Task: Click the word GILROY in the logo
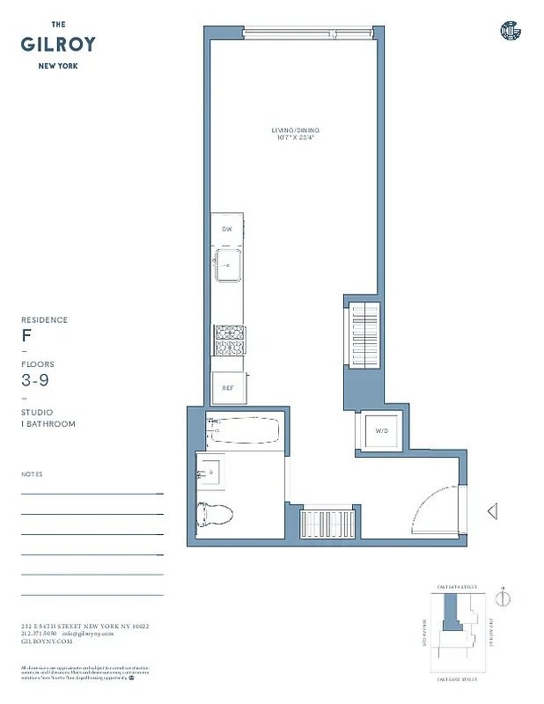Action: tap(59, 44)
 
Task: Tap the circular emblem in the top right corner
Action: tap(511, 31)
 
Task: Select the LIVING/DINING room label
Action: tap(293, 131)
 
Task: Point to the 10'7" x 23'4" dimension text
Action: tap(293, 138)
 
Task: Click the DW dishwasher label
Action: tap(226, 229)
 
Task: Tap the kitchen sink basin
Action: tap(228, 263)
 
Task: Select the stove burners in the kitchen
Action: tap(228, 340)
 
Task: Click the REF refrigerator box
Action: tap(227, 387)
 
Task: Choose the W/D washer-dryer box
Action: tap(380, 431)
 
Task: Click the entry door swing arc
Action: tap(436, 509)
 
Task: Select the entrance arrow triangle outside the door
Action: tap(492, 510)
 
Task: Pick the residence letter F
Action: tap(26, 336)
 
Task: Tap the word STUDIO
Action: tap(37, 412)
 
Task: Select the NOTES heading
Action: tap(32, 474)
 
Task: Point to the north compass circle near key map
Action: tap(503, 598)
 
